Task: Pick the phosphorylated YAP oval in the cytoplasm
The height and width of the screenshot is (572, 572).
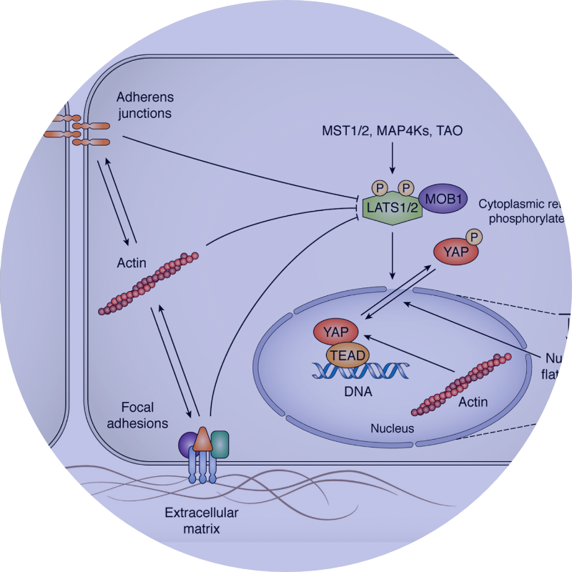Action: coord(455,252)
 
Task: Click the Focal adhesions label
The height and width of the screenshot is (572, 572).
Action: coord(144,415)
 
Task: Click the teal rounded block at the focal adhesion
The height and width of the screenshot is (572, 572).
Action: coord(220,443)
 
